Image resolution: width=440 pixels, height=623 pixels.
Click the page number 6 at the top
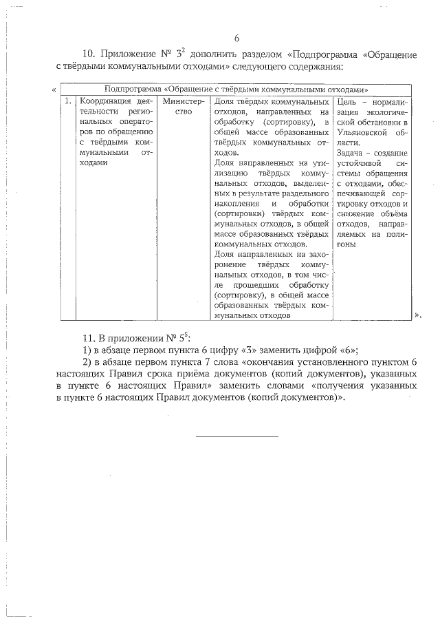coord(237,39)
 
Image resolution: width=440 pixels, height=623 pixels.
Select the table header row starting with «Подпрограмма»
coord(236,89)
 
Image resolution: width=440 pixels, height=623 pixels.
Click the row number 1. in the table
coord(67,101)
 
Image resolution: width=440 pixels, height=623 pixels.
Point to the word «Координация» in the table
coord(104,101)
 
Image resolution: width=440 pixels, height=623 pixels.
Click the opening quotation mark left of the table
coord(54,90)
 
